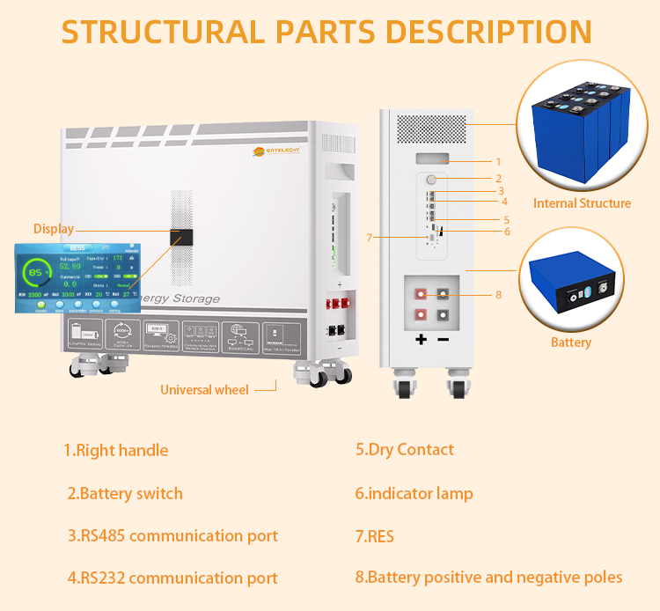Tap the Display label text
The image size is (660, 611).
coord(54,229)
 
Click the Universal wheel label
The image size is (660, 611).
coord(204,389)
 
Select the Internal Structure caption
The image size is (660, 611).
coord(582,203)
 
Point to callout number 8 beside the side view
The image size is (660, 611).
coord(498,295)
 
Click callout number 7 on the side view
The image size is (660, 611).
coord(370,236)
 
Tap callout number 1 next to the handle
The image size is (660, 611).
coord(498,161)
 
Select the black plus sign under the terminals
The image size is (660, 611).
coord(422,339)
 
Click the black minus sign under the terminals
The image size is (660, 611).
coord(444,339)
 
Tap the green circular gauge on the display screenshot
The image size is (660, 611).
coord(36,274)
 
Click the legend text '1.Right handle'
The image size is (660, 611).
coord(115,450)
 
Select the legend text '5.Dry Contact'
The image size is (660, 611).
coord(405,449)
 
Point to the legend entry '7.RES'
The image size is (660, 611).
coord(375,535)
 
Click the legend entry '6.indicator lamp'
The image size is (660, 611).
coord(414,493)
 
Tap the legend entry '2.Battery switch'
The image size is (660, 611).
coord(125,493)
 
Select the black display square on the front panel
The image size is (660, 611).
coord(182,238)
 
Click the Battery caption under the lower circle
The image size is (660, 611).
coord(571,342)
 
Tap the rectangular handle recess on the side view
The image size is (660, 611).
coord(432,161)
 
